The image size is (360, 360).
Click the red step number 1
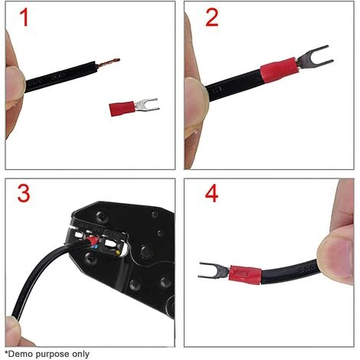[25, 17]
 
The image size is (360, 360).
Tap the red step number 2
[212, 17]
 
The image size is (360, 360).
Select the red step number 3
[24, 193]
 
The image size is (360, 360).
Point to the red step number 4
[211, 193]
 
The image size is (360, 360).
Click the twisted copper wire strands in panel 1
[107, 63]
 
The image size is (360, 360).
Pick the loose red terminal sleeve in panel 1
[122, 109]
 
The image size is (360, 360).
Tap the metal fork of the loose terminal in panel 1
[146, 105]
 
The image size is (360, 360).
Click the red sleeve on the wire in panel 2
[278, 70]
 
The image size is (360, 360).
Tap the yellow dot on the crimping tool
[118, 253]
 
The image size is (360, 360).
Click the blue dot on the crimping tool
[95, 247]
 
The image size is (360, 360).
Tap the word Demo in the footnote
[21, 354]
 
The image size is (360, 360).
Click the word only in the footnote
[80, 354]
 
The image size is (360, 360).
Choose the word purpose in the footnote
[53, 355]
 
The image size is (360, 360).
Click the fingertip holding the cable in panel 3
[13, 329]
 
